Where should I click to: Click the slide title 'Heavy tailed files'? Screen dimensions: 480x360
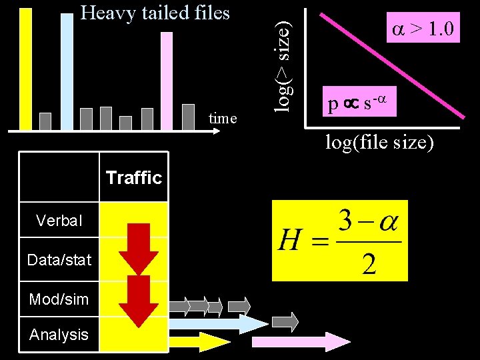point(155,13)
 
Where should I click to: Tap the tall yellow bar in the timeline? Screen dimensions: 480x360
point(26,67)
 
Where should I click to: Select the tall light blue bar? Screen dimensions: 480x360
point(66,70)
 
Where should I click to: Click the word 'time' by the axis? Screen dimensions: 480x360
point(223,119)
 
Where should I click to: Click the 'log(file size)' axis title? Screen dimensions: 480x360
point(379,141)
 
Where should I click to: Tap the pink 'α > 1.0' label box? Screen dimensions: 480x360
point(423,29)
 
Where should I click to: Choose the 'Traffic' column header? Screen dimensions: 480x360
point(133,177)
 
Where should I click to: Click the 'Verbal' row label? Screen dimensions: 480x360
point(59,221)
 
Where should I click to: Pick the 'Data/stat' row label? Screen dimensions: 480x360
point(59,260)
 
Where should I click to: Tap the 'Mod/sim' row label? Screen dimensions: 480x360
point(59,299)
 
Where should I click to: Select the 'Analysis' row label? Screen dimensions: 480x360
point(59,335)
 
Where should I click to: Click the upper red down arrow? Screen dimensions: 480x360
point(138,247)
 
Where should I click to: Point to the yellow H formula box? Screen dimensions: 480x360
point(339,241)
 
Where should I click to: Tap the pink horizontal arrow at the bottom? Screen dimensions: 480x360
point(300,341)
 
